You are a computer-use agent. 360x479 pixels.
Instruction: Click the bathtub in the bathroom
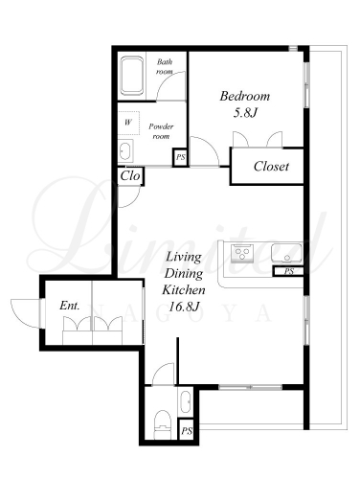point(131,76)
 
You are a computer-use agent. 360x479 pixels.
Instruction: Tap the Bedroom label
point(245,96)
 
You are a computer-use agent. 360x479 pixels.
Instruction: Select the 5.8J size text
point(245,113)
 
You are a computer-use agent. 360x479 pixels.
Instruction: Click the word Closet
point(271,167)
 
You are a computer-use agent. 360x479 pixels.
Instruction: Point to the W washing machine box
point(128,123)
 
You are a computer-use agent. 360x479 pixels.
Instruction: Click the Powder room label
point(161,131)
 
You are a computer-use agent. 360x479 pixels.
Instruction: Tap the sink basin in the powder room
point(124,151)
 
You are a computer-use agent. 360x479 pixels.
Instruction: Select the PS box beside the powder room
point(181,157)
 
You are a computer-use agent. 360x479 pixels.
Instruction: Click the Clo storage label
point(130,176)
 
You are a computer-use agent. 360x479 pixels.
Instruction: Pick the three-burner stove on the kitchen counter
point(242,253)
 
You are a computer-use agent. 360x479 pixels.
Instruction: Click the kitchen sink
point(286,253)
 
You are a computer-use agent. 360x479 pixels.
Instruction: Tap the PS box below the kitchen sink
point(288,271)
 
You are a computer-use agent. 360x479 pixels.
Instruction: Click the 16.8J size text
point(184,307)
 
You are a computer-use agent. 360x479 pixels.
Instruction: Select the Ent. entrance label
point(70,306)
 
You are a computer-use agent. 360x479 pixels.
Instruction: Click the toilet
point(163,424)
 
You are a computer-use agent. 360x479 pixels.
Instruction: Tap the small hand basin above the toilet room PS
point(186,402)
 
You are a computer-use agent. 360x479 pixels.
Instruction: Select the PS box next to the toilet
point(187,431)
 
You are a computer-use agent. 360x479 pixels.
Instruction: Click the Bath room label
point(165,66)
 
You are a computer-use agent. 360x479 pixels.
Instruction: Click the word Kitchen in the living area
point(184,290)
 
